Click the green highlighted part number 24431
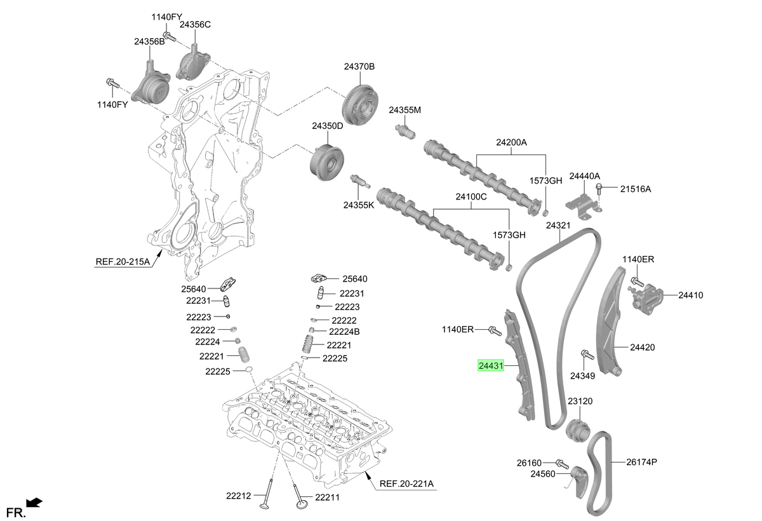click(490, 365)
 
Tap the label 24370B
click(359, 66)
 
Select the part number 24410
click(691, 295)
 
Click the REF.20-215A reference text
click(123, 261)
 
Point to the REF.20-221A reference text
click(406, 484)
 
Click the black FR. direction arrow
click(34, 503)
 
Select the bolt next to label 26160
click(562, 464)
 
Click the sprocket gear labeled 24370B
click(360, 105)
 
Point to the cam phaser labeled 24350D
click(327, 163)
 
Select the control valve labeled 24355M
click(405, 132)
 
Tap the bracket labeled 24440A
click(582, 206)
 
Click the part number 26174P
click(641, 462)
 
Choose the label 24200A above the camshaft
click(511, 142)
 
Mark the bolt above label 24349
click(587, 355)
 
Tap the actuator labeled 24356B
click(151, 86)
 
